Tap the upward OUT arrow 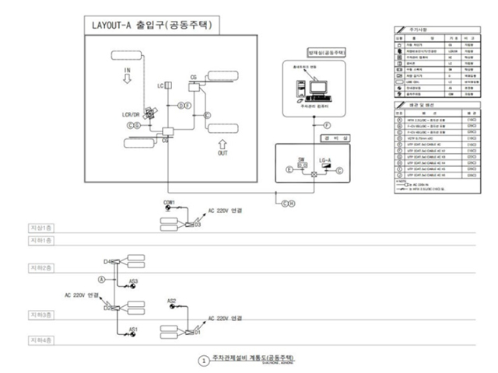click(223, 145)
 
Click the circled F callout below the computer click(328, 124)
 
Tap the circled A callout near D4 click(100, 277)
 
